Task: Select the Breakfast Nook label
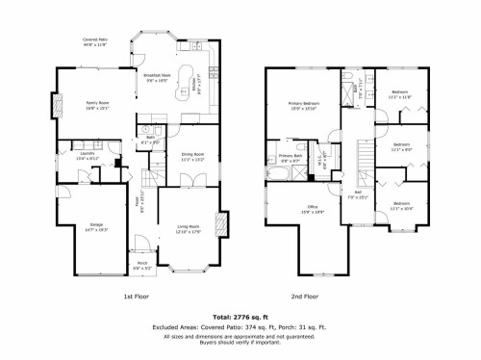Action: coord(159,79)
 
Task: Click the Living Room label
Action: coord(188,227)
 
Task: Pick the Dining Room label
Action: coord(193,156)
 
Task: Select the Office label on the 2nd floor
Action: coord(313,209)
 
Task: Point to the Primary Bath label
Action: coord(291,158)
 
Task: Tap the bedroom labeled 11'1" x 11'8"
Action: coord(399,95)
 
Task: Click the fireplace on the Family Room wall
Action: coord(56,106)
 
